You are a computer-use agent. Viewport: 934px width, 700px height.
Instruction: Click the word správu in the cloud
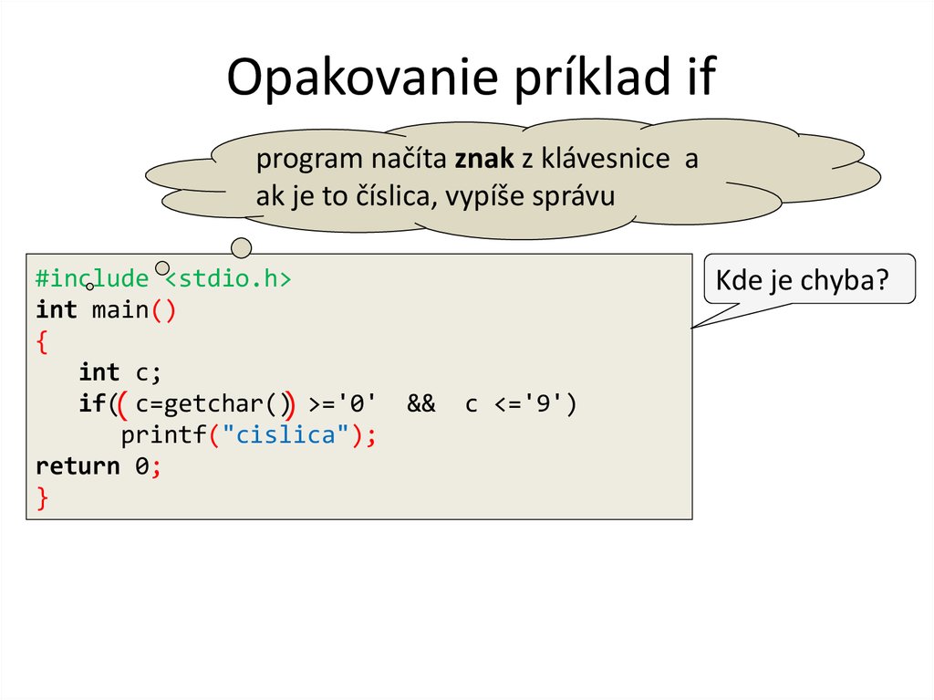point(576,196)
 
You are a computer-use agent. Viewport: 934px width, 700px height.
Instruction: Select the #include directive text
point(91,278)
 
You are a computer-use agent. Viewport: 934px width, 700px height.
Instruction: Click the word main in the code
point(119,310)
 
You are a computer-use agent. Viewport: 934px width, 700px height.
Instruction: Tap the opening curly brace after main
point(42,342)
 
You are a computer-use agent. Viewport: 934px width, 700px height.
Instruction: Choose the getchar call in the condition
point(213,404)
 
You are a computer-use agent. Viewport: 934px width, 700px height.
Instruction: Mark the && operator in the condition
point(421,404)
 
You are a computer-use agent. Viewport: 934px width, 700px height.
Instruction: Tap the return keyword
point(78,466)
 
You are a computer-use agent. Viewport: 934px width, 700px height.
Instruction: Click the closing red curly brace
point(42,497)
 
